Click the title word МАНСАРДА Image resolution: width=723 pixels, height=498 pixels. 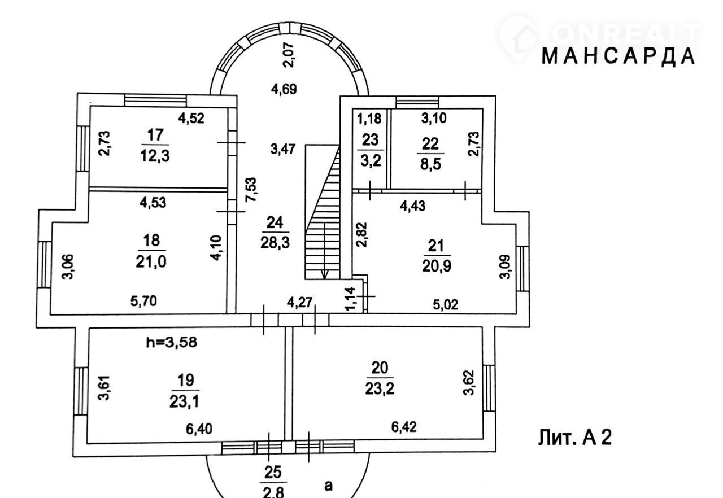tap(618, 57)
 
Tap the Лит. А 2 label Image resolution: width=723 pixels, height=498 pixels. tap(574, 438)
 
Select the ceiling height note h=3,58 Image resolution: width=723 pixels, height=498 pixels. tap(171, 342)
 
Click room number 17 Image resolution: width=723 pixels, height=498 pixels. tap(155, 135)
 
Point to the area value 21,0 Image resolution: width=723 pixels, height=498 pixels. tap(151, 261)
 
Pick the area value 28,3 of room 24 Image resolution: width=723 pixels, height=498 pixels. tap(275, 242)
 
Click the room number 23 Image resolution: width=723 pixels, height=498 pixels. tap(370, 140)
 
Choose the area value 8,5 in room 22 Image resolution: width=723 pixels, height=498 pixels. tap(430, 164)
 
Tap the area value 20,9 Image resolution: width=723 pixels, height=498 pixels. tap(437, 266)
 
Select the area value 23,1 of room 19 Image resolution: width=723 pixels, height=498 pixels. tap(184, 401)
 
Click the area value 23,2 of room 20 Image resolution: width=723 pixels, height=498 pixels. tap(380, 388)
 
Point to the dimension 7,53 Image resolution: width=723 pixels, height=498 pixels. tap(251, 190)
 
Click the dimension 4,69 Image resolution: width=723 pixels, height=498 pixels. tap(284, 89)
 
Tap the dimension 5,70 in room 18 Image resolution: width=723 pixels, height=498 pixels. tap(143, 302)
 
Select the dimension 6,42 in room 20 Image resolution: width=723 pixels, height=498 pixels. tap(404, 427)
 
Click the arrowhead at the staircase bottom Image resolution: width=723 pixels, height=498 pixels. tap(324, 274)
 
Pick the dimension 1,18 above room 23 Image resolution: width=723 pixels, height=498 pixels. tap(369, 119)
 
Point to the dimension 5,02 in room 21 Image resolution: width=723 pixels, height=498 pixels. tap(445, 304)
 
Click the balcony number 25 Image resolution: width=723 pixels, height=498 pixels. tap(273, 472)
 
